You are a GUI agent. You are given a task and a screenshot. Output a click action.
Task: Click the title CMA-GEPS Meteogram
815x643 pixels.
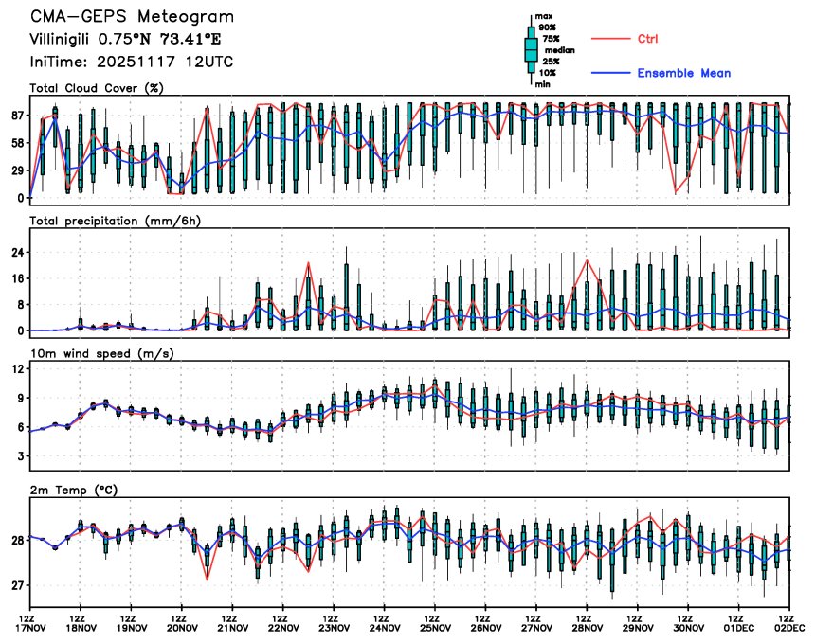point(132,17)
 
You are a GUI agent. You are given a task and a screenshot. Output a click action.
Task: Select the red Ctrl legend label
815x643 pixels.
point(648,38)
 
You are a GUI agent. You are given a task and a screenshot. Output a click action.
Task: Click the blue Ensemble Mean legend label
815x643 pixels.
point(683,73)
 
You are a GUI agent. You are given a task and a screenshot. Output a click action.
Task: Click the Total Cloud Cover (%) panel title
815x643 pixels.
point(97,89)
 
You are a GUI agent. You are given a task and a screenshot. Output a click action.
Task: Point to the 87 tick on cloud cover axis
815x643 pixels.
point(17,116)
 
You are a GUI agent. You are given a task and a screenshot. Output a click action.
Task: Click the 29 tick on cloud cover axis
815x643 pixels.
point(17,170)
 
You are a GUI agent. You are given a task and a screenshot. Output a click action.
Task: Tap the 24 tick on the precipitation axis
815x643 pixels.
point(17,253)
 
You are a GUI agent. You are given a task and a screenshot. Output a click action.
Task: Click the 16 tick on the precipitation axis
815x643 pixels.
point(17,279)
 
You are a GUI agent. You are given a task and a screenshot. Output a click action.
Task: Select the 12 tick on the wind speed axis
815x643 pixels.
point(17,368)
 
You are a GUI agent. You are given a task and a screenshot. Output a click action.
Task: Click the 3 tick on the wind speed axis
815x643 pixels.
point(20,456)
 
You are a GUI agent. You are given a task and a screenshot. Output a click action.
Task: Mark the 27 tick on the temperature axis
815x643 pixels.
point(17,586)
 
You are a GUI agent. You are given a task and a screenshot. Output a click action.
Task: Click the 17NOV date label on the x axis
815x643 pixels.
point(30,627)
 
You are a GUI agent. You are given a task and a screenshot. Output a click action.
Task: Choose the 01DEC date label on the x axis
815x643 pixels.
point(740,627)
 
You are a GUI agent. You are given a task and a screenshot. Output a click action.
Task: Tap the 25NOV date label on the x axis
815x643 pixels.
point(435,627)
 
